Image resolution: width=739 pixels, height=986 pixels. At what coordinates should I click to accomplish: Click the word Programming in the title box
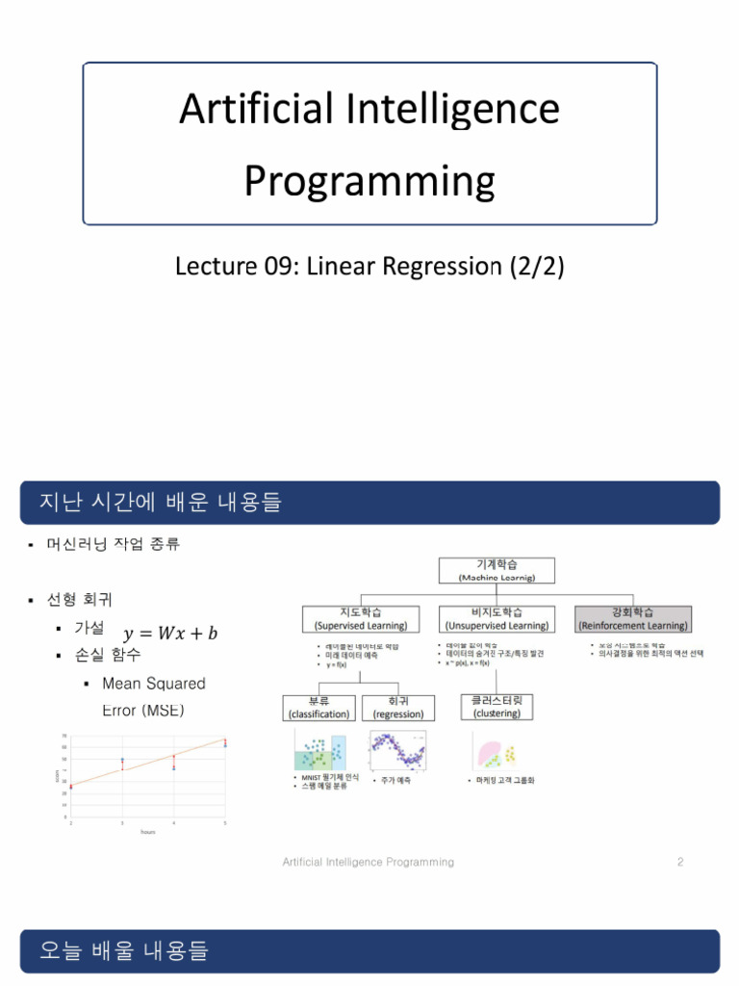tap(369, 180)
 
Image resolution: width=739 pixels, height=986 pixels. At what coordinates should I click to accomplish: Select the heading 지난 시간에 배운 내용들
tap(160, 503)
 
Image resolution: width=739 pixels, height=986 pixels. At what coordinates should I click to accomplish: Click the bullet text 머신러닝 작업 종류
tap(113, 544)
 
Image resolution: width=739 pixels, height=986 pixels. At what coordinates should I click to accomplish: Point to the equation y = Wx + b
tap(169, 633)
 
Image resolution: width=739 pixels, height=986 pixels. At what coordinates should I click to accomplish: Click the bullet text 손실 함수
tap(107, 655)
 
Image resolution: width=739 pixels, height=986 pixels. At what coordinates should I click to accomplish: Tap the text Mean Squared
tap(153, 684)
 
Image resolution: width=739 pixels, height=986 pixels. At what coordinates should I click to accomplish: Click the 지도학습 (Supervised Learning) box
tap(361, 618)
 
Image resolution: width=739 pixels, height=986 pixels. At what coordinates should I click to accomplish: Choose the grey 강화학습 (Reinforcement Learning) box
tap(632, 618)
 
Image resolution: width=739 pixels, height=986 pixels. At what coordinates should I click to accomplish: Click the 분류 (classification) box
tap(318, 707)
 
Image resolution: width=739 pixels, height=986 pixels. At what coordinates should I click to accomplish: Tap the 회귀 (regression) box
tap(398, 707)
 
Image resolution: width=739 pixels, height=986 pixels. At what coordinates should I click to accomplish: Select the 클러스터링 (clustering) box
tap(497, 707)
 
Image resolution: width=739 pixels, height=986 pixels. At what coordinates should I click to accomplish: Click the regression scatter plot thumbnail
tap(401, 750)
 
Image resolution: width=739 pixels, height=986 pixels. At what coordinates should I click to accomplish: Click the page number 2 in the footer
tap(679, 862)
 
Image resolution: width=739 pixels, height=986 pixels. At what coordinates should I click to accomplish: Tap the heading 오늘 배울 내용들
tap(124, 951)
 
